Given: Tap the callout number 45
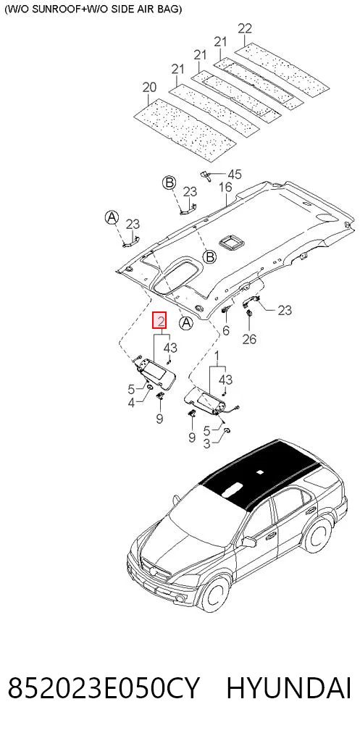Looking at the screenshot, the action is [x=235, y=175].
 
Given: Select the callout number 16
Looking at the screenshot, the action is [x=225, y=187].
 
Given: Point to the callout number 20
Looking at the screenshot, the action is [x=149, y=88].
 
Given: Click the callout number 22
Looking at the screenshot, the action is [x=245, y=28].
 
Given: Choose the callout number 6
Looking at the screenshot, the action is [x=225, y=330].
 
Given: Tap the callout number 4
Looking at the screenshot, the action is [x=131, y=403].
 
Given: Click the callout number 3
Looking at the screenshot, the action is [x=206, y=444].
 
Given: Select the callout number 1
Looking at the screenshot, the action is [x=217, y=354].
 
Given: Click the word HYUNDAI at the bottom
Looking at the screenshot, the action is [x=289, y=688].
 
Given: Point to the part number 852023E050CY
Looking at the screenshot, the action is [x=104, y=688].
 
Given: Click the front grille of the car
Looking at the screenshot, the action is [x=154, y=569].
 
